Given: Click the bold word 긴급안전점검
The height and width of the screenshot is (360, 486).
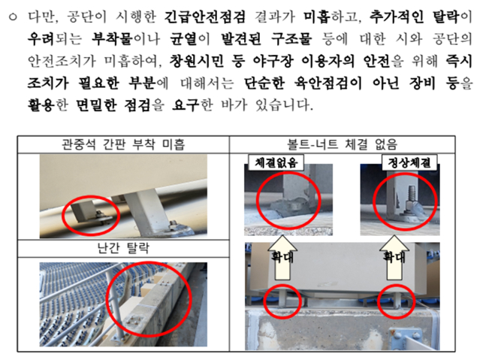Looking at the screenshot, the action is point(204,17).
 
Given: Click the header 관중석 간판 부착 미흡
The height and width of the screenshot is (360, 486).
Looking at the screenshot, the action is point(123,144).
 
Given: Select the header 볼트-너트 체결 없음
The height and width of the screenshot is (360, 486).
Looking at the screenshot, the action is point(343,144).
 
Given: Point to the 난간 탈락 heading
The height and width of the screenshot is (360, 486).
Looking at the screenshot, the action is point(123,248).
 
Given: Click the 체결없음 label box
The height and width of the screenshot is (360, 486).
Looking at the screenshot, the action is point(276,162).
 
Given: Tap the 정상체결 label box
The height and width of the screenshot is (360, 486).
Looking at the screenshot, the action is point(409,162).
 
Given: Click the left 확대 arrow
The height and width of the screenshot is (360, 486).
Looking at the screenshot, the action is point(282,257).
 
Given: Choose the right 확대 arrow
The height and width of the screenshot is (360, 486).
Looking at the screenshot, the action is point(394,257).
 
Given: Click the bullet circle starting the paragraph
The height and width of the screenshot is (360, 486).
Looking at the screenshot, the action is point(13,17).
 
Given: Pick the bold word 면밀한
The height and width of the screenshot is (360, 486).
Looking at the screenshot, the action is point(96,105).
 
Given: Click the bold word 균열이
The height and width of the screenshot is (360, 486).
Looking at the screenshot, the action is point(190,39).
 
